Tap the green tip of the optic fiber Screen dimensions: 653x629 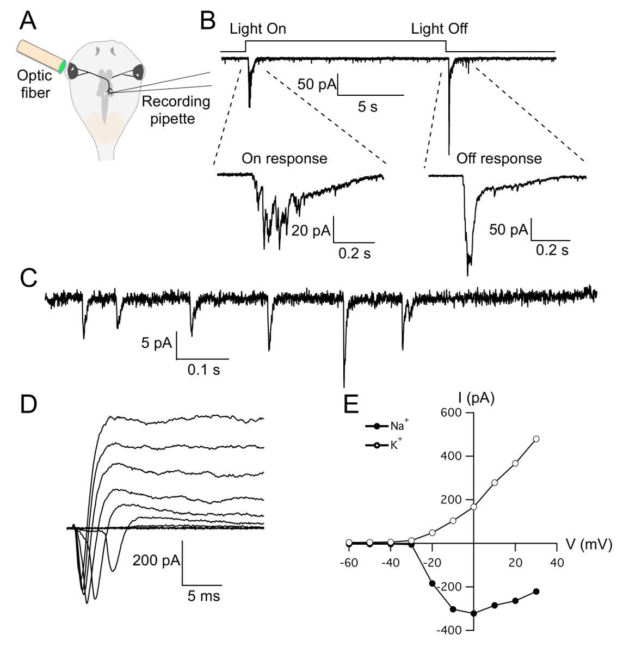pyautogui.click(x=63, y=67)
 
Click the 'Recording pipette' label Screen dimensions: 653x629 pyautogui.click(x=175, y=110)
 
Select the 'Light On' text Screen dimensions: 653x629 pyautogui.click(x=257, y=29)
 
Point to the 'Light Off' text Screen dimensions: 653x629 pyautogui.click(x=439, y=29)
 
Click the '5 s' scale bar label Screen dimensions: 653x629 pyautogui.click(x=367, y=107)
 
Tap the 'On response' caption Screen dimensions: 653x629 pyautogui.click(x=285, y=158)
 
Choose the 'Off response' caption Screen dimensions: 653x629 pyautogui.click(x=499, y=158)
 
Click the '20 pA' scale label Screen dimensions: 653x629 pyautogui.click(x=311, y=230)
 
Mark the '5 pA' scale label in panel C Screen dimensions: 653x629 pyautogui.click(x=157, y=343)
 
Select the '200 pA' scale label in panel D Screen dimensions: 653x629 pyautogui.click(x=156, y=560)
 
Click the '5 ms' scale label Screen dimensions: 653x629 pyautogui.click(x=203, y=596)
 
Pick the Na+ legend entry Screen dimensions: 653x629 pyautogui.click(x=390, y=426)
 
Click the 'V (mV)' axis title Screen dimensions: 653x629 pyautogui.click(x=589, y=544)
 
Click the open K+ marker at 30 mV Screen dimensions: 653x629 pyautogui.click(x=536, y=439)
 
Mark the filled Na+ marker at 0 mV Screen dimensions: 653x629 pyautogui.click(x=474, y=613)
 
